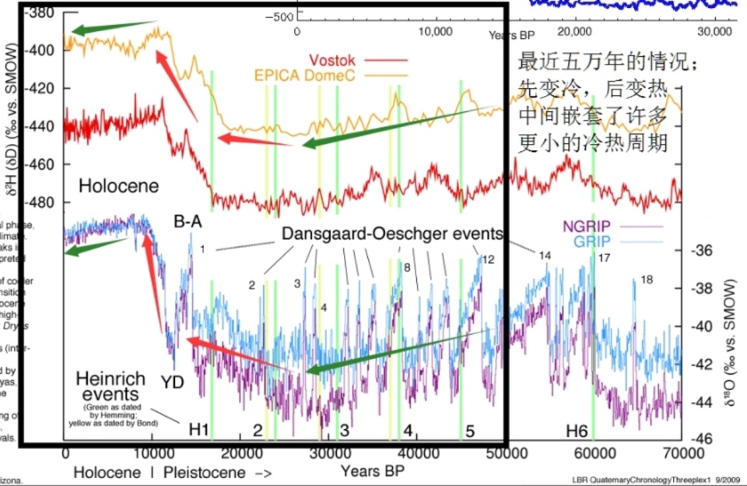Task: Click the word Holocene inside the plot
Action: (x=119, y=185)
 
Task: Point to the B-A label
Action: (x=188, y=223)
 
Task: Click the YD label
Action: (x=174, y=383)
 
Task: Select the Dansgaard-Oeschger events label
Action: (x=392, y=233)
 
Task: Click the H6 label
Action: (x=577, y=429)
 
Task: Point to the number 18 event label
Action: (x=647, y=280)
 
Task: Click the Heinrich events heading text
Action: (x=110, y=387)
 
